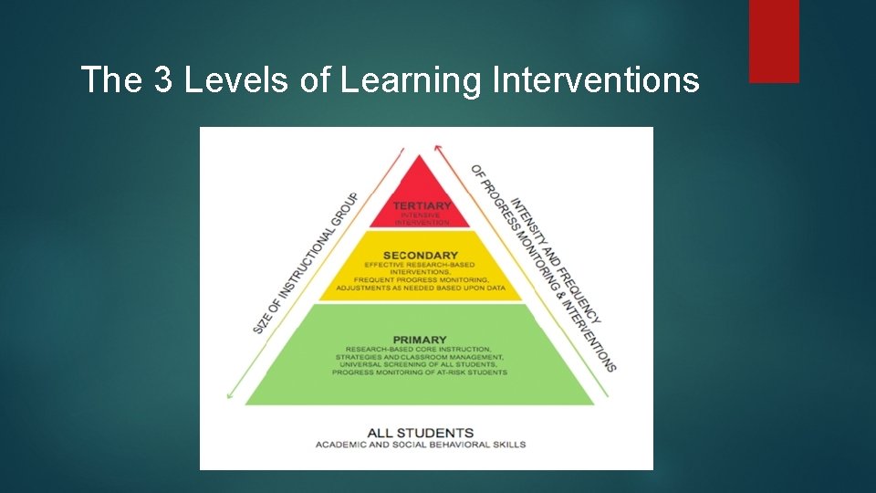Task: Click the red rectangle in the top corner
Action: [774, 40]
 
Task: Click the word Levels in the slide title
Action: [239, 80]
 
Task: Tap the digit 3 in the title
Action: [163, 80]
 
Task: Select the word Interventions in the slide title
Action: [596, 80]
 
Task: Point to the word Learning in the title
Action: [411, 80]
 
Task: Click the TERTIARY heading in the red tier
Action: [421, 205]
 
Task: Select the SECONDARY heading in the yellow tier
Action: [421, 255]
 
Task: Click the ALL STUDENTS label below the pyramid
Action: [421, 432]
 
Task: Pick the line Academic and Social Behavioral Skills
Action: [421, 445]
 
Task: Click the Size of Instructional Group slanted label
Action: [305, 262]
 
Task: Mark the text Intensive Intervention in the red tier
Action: [421, 218]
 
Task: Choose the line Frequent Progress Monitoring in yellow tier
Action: [421, 279]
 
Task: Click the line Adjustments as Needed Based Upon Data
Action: [421, 288]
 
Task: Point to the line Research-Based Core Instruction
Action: [421, 349]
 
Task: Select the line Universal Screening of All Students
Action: [421, 364]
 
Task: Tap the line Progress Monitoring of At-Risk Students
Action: [421, 372]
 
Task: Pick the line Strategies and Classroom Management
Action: [421, 356]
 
